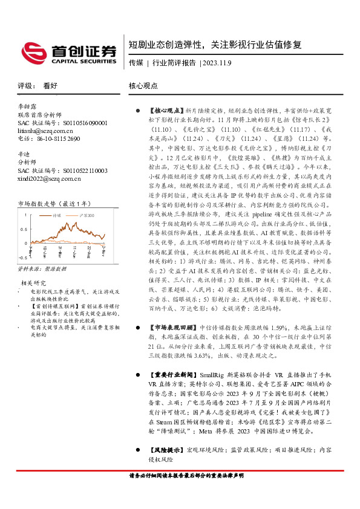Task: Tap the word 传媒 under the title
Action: [x=136, y=62]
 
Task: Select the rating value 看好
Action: [x=51, y=86]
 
